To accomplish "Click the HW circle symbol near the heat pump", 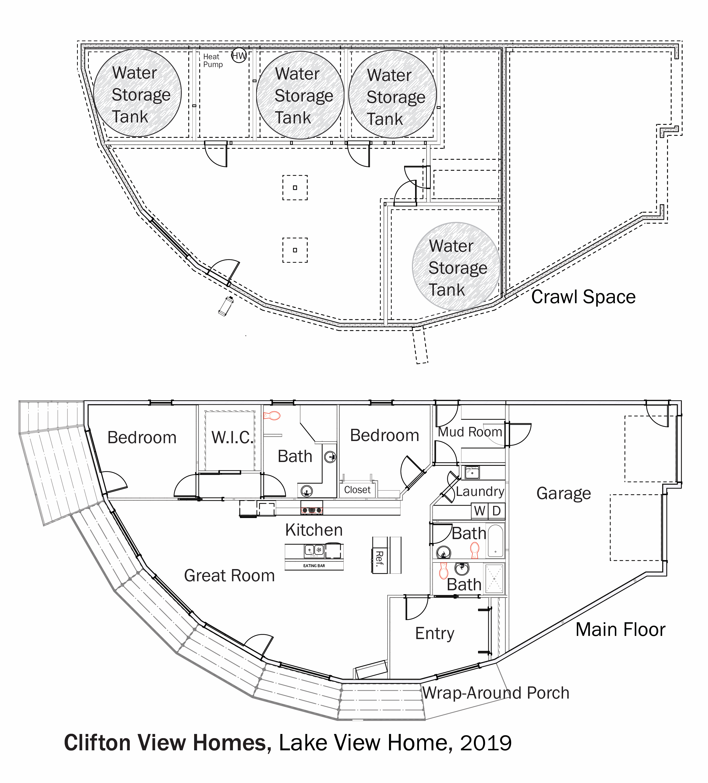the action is [x=239, y=56].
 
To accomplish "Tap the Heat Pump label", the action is [x=213, y=60].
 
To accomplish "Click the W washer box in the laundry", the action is [x=480, y=511].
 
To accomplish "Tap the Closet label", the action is [x=357, y=490].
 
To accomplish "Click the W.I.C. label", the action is [x=232, y=437].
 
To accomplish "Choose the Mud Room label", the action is [x=470, y=432].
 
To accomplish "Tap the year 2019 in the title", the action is [x=486, y=743].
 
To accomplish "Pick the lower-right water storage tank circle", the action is [x=456, y=266].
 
